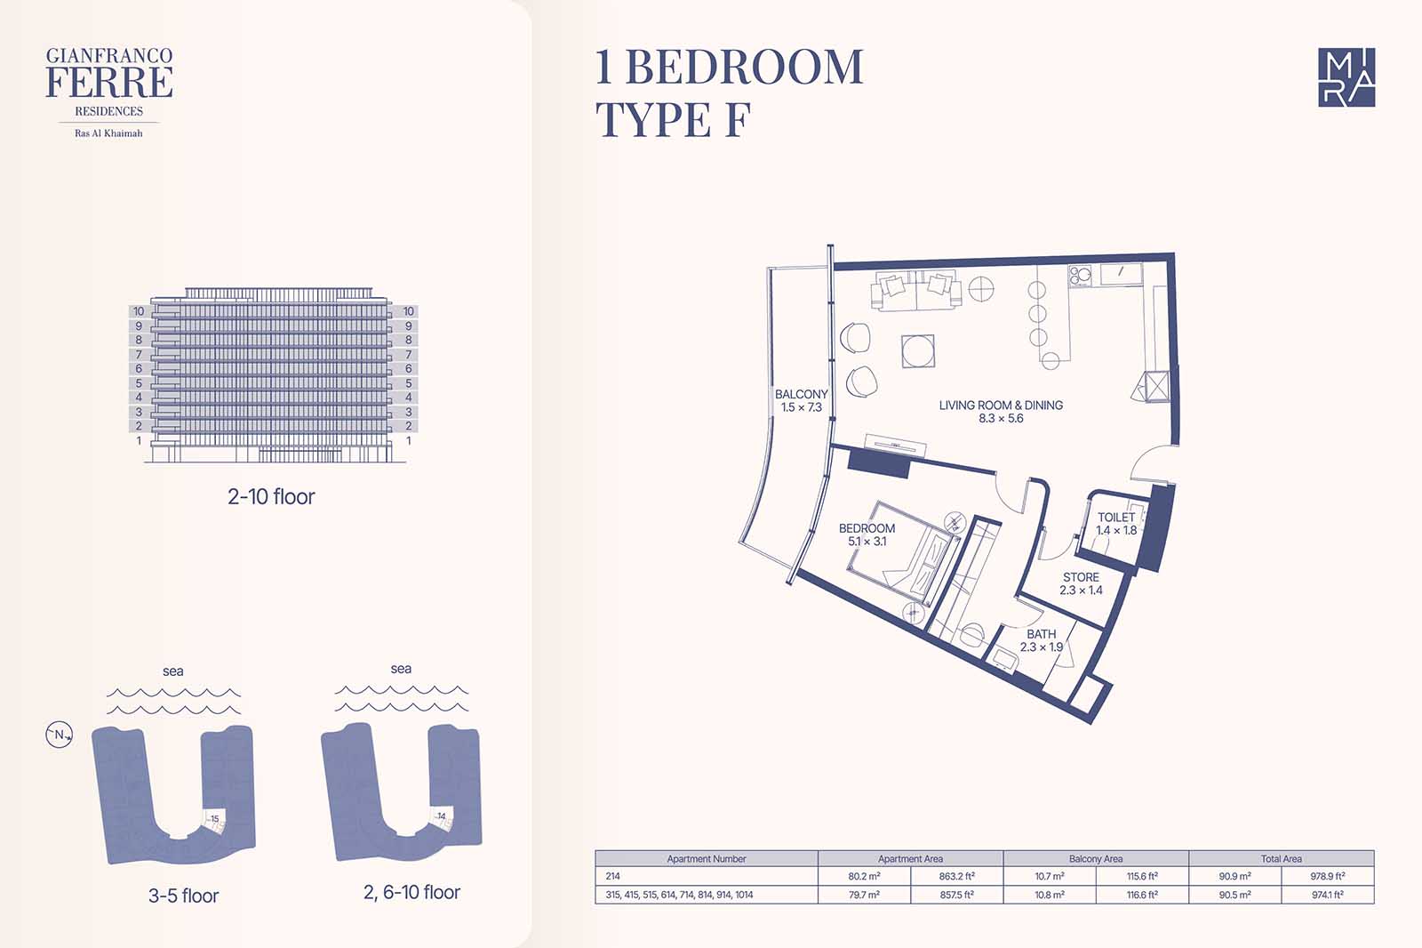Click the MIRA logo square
pos(1346,76)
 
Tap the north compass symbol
pos(59,735)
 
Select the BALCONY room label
pos(801,394)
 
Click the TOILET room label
pos(1116,518)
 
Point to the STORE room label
pos(1081,577)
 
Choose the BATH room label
pos(1041,633)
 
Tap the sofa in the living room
pos(915,291)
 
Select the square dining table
pos(918,350)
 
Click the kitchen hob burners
pos(1080,275)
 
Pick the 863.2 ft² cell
pos(956,876)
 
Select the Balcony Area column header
pos(1096,858)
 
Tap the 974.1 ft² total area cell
pos(1328,894)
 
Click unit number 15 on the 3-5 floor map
pos(214,818)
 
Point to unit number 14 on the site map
pos(441,815)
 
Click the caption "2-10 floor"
pos(271,496)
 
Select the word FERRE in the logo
pos(109,82)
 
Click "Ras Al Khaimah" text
pos(108,133)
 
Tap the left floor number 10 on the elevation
pos(139,311)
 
